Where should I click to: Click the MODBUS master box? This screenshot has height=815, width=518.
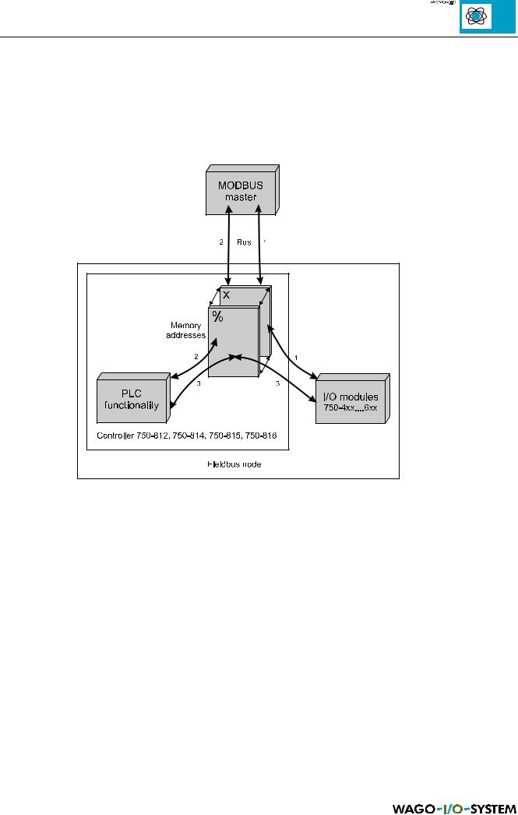pyautogui.click(x=241, y=190)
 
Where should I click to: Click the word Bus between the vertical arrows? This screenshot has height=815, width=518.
pyautogui.click(x=245, y=242)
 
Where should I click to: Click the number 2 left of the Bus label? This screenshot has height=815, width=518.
pyautogui.click(x=221, y=242)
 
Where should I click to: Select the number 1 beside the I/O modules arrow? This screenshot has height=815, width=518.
pyautogui.click(x=296, y=358)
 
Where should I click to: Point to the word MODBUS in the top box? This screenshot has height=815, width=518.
pyautogui.click(x=240, y=185)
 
